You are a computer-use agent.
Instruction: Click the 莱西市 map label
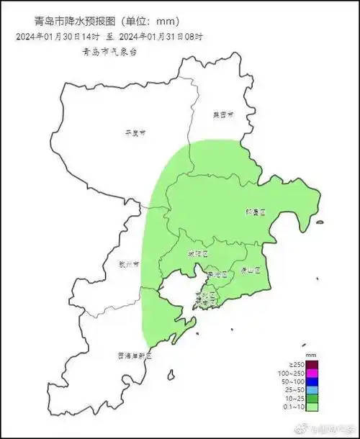(223, 114)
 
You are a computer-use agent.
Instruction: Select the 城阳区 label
(197, 254)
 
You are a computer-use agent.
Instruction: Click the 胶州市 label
(130, 264)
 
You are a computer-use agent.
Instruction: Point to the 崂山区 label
(250, 271)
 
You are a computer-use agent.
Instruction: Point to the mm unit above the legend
(311, 356)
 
